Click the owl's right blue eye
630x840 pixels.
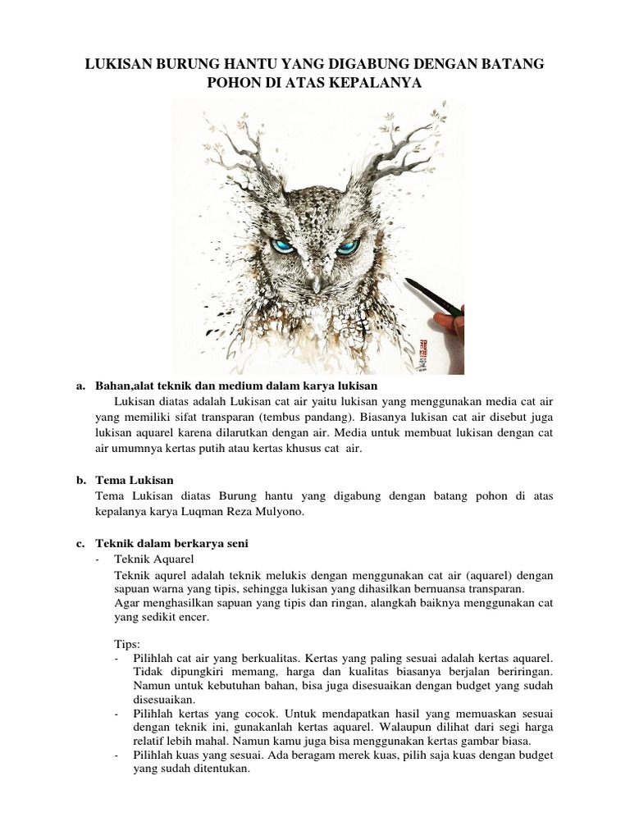pyautogui.click(x=348, y=246)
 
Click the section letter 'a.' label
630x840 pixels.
pyautogui.click(x=80, y=385)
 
